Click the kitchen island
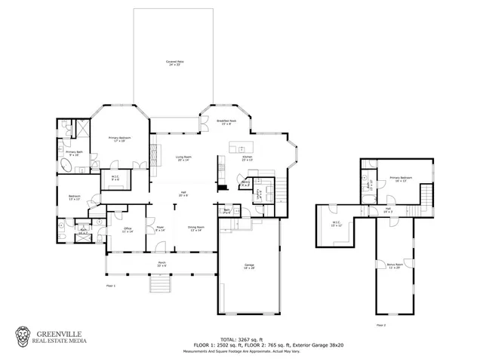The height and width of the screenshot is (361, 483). [x=243, y=146]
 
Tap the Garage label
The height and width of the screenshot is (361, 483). [x=249, y=265]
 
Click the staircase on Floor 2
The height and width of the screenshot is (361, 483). [x=428, y=199]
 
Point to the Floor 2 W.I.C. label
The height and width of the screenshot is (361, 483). [x=337, y=224]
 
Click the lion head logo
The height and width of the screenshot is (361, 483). [x=24, y=337]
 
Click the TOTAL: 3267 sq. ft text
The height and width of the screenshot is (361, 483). [x=241, y=338]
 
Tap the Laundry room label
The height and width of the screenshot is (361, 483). [x=260, y=193]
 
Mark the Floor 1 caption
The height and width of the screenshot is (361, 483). [x=110, y=286]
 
